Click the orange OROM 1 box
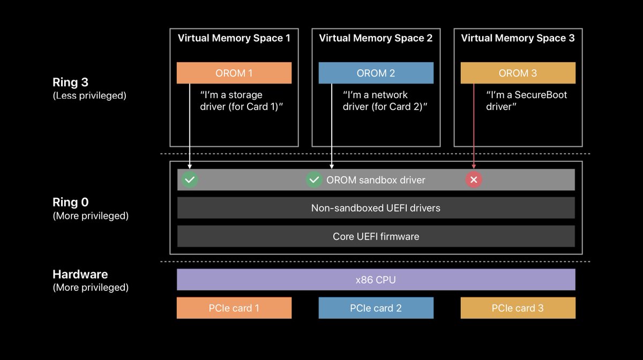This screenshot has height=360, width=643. pyautogui.click(x=234, y=73)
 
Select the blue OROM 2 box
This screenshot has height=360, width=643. pyautogui.click(x=376, y=73)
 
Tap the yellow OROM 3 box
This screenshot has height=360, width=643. pyautogui.click(x=518, y=73)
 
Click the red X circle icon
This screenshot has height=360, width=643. pyautogui.click(x=474, y=180)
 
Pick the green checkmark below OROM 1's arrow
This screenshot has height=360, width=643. pyautogui.click(x=190, y=180)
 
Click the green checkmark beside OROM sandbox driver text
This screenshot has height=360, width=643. pyautogui.click(x=314, y=180)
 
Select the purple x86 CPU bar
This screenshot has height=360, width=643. pyautogui.click(x=376, y=279)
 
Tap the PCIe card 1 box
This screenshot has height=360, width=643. pyautogui.click(x=234, y=308)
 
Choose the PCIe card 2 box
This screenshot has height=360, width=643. pyautogui.click(x=376, y=308)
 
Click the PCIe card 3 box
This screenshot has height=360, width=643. pyautogui.click(x=518, y=308)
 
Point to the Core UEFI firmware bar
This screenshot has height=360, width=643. pyautogui.click(x=376, y=236)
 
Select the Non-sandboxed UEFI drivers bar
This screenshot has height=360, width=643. pyautogui.click(x=376, y=208)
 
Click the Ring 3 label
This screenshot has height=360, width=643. pyautogui.click(x=70, y=82)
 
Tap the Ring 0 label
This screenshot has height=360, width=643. pyautogui.click(x=70, y=202)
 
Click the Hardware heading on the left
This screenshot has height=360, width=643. pyautogui.click(x=80, y=274)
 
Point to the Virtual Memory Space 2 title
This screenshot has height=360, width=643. pyautogui.click(x=376, y=38)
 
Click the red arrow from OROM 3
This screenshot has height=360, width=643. pyautogui.click(x=474, y=129)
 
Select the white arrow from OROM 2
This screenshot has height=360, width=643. pyautogui.click(x=332, y=129)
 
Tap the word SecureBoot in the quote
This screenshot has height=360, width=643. pyautogui.click(x=540, y=95)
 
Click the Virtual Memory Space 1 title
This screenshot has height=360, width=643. pyautogui.click(x=234, y=38)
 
